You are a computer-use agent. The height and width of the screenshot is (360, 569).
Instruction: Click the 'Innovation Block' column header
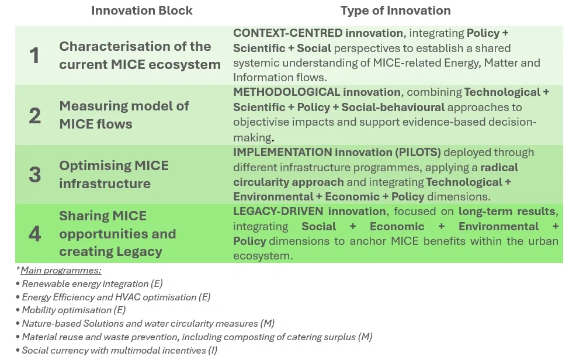click(x=142, y=11)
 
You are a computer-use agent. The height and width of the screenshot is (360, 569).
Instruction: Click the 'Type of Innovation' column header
click(x=395, y=11)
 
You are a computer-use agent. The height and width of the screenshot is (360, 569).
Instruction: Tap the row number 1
click(x=34, y=56)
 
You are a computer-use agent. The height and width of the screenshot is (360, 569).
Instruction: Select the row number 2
click(x=34, y=115)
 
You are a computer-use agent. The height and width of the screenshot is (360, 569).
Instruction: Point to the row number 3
click(x=34, y=175)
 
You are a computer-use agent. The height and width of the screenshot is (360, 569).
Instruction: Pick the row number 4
click(x=34, y=234)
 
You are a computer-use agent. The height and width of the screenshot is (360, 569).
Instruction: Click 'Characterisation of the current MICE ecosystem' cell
click(x=140, y=55)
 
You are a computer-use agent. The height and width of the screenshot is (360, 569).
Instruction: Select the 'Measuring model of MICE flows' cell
click(x=124, y=115)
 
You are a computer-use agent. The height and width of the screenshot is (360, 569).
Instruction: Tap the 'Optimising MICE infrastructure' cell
click(x=113, y=174)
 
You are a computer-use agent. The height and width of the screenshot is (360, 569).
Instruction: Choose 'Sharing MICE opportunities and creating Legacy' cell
click(x=117, y=234)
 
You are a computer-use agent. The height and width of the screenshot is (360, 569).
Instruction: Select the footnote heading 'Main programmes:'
click(x=61, y=270)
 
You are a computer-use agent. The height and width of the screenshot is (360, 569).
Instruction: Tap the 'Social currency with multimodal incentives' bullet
click(x=114, y=350)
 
